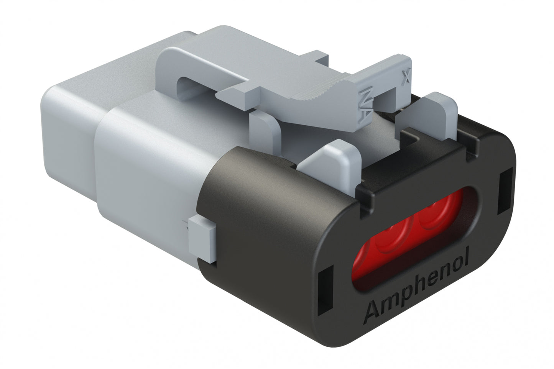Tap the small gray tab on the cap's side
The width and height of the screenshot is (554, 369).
click(201, 238)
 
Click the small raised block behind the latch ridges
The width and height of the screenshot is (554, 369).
click(320, 57)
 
